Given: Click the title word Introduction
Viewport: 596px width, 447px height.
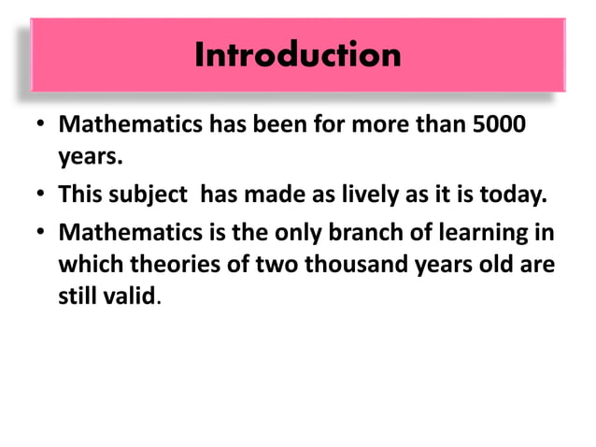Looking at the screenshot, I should pyautogui.click(x=298, y=55).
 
